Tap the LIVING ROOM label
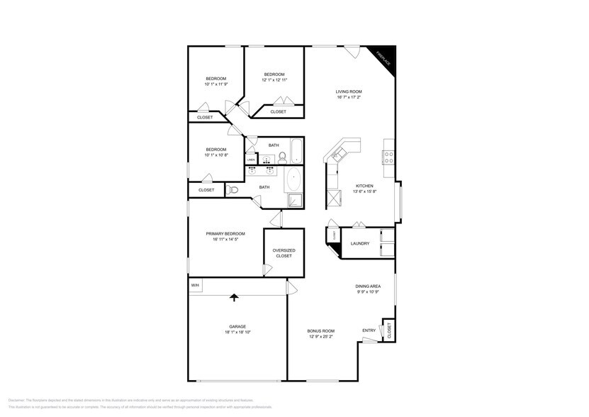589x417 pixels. pyautogui.click(x=349, y=91)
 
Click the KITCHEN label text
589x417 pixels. pyautogui.click(x=364, y=186)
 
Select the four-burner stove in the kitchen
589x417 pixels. pyautogui.click(x=388, y=157)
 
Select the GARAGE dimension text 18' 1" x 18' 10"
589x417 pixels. pyautogui.click(x=237, y=332)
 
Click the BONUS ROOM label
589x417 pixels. pyautogui.click(x=320, y=330)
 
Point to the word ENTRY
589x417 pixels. pyautogui.click(x=369, y=330)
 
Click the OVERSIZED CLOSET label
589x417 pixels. pyautogui.click(x=284, y=253)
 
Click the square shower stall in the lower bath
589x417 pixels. pyautogui.click(x=296, y=201)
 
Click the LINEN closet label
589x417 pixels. pyautogui.click(x=250, y=160)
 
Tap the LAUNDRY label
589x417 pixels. pyautogui.click(x=359, y=244)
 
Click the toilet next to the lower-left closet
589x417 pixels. pyautogui.click(x=233, y=189)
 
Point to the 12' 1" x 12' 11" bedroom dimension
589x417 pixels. pyautogui.click(x=274, y=80)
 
